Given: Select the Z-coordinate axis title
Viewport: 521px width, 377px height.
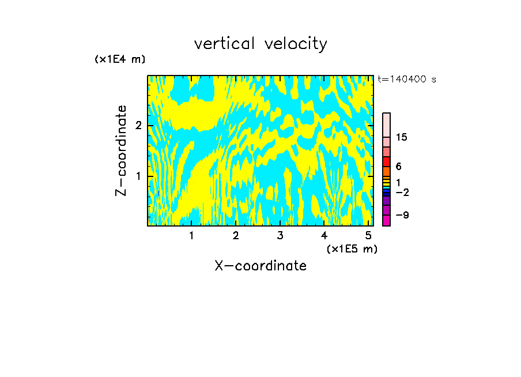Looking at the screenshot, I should click(121, 150).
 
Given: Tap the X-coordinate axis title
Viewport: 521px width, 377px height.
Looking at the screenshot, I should click(260, 266).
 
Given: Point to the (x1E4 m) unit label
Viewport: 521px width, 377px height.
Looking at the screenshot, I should click(120, 59).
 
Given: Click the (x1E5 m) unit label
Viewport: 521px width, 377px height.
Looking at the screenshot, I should click(352, 248).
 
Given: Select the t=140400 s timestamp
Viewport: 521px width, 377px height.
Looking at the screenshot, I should click(407, 80).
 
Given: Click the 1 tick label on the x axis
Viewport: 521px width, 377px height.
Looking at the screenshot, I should click(191, 235).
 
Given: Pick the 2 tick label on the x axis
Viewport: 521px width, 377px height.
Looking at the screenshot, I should click(236, 235).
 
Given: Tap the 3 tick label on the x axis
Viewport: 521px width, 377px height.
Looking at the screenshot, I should click(280, 235).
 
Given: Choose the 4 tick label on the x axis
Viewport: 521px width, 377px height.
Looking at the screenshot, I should click(324, 235).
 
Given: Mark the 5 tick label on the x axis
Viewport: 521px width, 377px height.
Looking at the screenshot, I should click(368, 235).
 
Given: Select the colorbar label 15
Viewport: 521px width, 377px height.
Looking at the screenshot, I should click(402, 137).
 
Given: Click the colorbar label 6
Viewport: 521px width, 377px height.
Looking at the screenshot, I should click(399, 167).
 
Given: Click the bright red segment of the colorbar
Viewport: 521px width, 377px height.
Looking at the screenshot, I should click(387, 162).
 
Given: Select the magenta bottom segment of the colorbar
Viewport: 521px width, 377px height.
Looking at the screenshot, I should click(387, 220).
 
